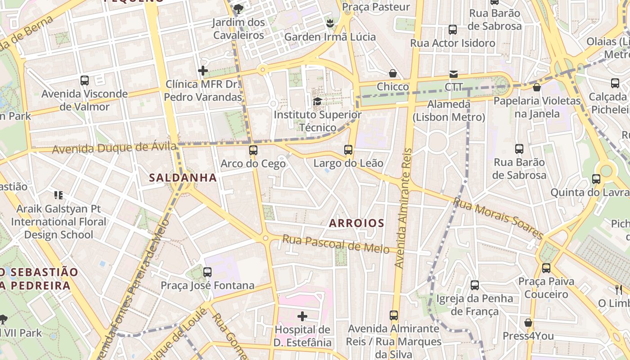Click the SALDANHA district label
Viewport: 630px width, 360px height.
183,177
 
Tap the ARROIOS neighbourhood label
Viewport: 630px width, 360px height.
356,223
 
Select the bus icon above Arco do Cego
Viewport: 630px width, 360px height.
253,150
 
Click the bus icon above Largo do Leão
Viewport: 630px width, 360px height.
348,150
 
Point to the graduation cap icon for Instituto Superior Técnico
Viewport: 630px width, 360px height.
317,101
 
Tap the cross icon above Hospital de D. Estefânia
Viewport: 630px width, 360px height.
302,316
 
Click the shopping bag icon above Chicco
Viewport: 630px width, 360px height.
393,73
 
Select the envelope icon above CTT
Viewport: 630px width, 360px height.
453,74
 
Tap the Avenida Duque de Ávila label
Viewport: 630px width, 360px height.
114,148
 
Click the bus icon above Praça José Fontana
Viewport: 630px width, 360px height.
207,272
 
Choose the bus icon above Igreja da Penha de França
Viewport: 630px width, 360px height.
474,285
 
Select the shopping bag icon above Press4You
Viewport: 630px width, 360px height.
528,323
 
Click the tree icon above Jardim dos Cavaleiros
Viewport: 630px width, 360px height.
238,8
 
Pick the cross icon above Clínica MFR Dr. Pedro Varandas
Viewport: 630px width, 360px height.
202,71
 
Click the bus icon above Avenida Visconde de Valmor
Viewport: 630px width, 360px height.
84,81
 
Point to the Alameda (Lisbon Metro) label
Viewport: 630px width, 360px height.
449,111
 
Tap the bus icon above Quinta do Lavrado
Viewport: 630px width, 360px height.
596,179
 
